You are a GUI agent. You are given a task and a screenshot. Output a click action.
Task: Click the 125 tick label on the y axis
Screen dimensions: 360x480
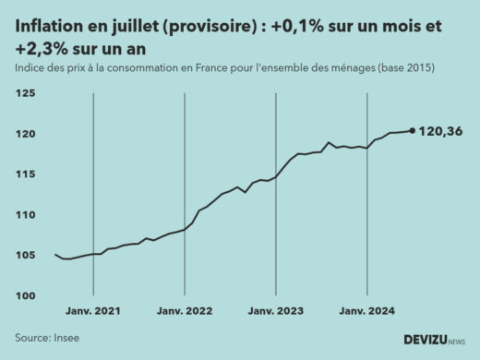click(26, 94)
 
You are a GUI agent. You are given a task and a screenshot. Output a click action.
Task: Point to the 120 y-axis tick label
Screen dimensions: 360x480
click(26, 135)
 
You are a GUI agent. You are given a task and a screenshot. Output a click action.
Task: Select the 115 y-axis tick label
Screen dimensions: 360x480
click(26, 174)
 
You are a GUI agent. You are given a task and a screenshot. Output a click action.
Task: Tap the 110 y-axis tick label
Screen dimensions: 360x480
click(26, 215)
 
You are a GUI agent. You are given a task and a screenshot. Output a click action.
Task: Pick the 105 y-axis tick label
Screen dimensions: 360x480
click(26, 256)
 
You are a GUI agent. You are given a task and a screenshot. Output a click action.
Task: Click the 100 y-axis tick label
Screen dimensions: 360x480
click(26, 296)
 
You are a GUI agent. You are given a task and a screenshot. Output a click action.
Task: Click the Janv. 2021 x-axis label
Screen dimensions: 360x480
click(94, 312)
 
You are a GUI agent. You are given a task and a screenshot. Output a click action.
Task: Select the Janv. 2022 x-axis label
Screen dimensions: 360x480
click(185, 312)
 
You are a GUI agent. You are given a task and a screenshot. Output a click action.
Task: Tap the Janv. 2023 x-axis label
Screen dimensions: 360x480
click(275, 312)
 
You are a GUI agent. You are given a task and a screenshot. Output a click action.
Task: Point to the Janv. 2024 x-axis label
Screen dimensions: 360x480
click(366, 312)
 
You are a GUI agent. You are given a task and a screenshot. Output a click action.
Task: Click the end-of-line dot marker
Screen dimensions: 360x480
click(412, 130)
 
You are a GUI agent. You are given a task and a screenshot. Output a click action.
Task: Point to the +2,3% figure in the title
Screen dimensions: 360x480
click(41, 49)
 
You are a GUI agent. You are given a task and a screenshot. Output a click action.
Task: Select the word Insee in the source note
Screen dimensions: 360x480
click(66, 338)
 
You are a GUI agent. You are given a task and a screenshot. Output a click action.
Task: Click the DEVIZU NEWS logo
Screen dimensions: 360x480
click(433, 340)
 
